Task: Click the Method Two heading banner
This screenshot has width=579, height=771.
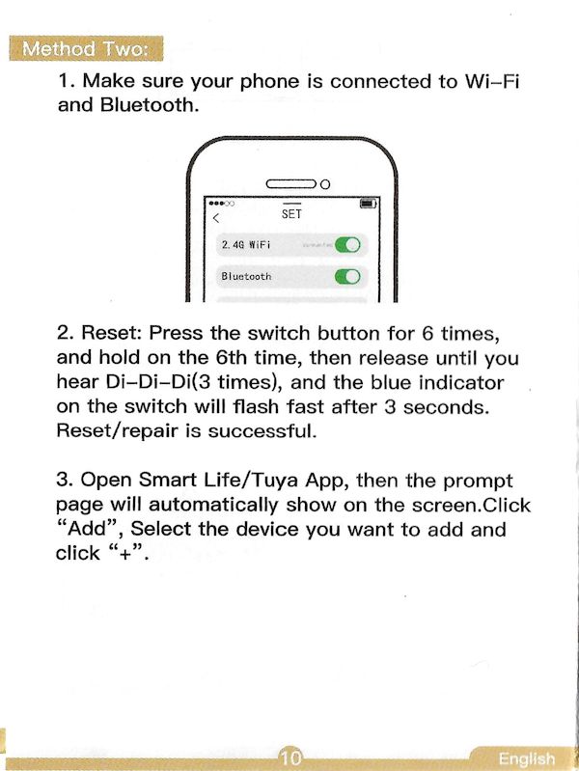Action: click(86, 48)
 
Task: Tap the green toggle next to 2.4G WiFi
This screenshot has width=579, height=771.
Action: click(347, 244)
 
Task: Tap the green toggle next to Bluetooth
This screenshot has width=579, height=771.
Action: click(347, 277)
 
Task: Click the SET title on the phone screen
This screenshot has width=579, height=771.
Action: click(291, 214)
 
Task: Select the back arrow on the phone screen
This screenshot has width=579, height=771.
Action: click(215, 218)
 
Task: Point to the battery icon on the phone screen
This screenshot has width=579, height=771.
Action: click(369, 203)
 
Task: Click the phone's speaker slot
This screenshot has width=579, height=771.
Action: click(291, 184)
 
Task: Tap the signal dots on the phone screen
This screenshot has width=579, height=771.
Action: click(221, 203)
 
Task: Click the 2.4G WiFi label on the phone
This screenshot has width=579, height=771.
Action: click(246, 244)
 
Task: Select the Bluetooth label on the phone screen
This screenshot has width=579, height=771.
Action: click(246, 276)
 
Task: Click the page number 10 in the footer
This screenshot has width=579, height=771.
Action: click(290, 757)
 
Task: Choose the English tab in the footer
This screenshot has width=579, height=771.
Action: click(526, 758)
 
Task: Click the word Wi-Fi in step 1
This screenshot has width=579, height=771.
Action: click(492, 81)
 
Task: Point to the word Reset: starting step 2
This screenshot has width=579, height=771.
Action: click(111, 333)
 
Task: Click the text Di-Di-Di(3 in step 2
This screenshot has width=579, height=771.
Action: click(158, 382)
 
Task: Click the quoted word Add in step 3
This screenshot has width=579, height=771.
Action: click(89, 529)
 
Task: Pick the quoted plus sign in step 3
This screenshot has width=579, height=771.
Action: click(126, 554)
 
